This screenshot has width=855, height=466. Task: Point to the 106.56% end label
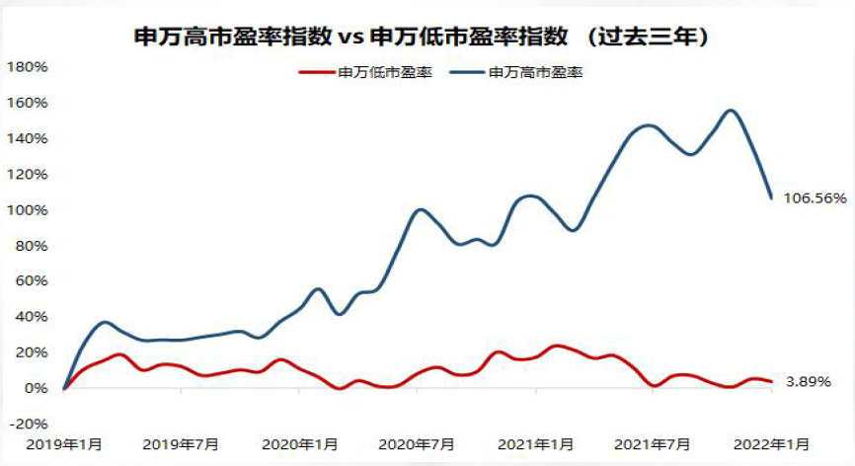pyautogui.click(x=816, y=197)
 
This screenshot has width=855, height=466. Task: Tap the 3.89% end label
pyautogui.click(x=809, y=381)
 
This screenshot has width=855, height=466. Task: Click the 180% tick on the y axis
pyautogui.click(x=28, y=67)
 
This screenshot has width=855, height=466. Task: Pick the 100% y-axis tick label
pyautogui.click(x=28, y=210)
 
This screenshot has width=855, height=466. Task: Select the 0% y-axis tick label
pyautogui.click(x=36, y=388)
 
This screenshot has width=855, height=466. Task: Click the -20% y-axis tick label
pyautogui.click(x=30, y=424)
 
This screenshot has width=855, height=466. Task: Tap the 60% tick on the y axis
pyautogui.click(x=31, y=280)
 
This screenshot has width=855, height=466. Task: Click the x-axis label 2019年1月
pyautogui.click(x=64, y=444)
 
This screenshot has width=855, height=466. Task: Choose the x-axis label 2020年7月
pyautogui.click(x=417, y=444)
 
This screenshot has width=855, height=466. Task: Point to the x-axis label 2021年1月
pyautogui.click(x=535, y=444)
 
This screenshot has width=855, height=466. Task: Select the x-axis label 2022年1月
pyautogui.click(x=771, y=444)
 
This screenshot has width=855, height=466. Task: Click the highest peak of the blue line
pyautogui.click(x=731, y=111)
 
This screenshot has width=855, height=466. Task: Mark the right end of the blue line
pyautogui.click(x=771, y=197)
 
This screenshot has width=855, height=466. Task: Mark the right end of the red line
pyautogui.click(x=771, y=381)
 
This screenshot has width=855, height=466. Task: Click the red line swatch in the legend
pyautogui.click(x=316, y=72)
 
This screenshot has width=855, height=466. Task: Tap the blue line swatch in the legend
pyautogui.click(x=467, y=72)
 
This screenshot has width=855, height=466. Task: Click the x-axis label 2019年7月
pyautogui.click(x=181, y=444)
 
